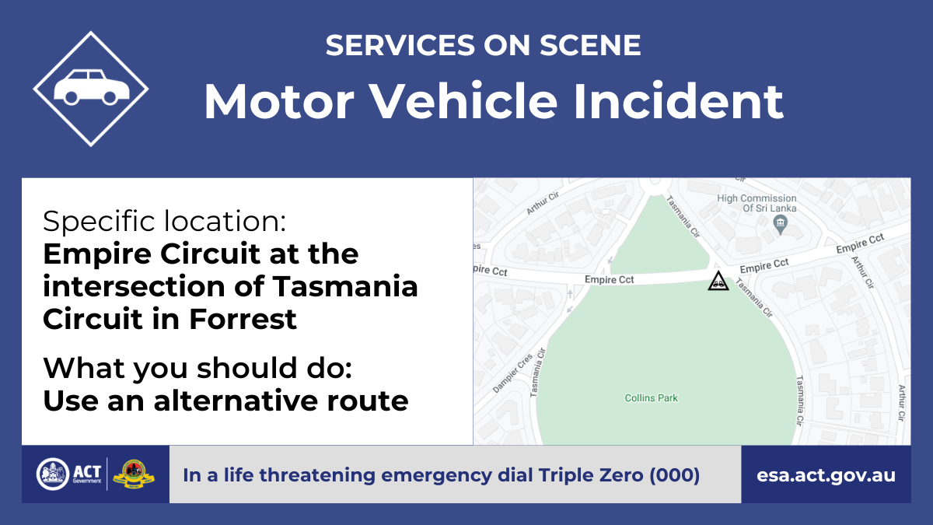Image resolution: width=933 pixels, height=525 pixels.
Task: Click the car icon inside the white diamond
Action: (92, 87)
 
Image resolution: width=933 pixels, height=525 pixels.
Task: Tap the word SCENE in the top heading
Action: (590, 45)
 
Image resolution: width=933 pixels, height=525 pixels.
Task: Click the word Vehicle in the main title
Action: (464, 102)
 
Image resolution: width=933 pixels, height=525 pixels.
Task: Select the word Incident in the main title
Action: (679, 102)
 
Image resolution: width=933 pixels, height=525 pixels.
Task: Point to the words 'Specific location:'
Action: (165, 221)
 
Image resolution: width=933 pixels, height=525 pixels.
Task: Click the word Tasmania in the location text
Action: (345, 286)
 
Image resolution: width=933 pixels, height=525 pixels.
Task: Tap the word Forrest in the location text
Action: (243, 319)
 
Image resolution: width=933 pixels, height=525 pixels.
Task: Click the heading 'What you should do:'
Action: (197, 368)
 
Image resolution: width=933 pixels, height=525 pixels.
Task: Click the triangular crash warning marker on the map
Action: (718, 282)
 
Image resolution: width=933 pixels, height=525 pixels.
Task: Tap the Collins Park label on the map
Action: (651, 398)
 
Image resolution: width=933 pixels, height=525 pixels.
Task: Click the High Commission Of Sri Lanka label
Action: (757, 203)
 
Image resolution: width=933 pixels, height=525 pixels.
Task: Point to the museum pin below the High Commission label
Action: (780, 224)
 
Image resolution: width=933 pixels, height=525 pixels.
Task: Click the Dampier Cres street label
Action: (512, 373)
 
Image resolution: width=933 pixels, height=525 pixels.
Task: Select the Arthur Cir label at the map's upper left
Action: (543, 203)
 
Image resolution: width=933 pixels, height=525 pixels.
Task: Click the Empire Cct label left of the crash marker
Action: (610, 279)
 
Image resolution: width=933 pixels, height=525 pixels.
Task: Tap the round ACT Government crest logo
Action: (53, 474)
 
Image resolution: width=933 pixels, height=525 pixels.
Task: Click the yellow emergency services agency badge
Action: (134, 474)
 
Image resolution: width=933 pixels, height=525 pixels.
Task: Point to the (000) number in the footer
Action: (675, 475)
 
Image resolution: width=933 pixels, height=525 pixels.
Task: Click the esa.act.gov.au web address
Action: (826, 475)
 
